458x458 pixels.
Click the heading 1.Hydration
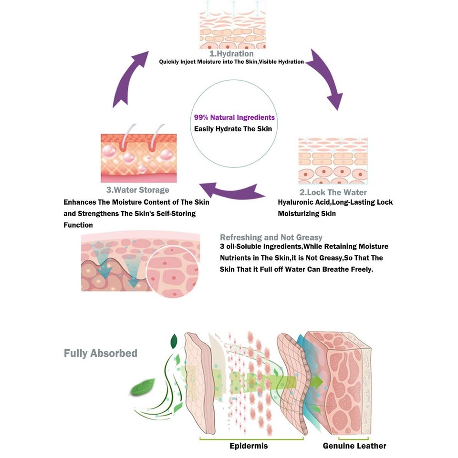pyautogui.click(x=231, y=54)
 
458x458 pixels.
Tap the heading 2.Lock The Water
pyautogui.click(x=333, y=192)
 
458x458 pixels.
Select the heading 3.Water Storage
pyautogui.click(x=138, y=190)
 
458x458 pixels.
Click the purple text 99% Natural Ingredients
pyautogui.click(x=234, y=117)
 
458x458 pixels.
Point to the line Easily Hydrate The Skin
pyautogui.click(x=233, y=129)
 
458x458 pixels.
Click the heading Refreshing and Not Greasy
pyautogui.click(x=271, y=237)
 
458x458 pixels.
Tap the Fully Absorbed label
pyautogui.click(x=101, y=354)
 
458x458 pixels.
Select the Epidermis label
pyautogui.click(x=248, y=446)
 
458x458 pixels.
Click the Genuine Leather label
pyautogui.click(x=354, y=446)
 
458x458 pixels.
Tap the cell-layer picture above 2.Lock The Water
pyautogui.click(x=333, y=161)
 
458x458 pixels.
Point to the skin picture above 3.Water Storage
pyautogui.click(x=138, y=157)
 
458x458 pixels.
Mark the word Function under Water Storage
pyautogui.click(x=78, y=225)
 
